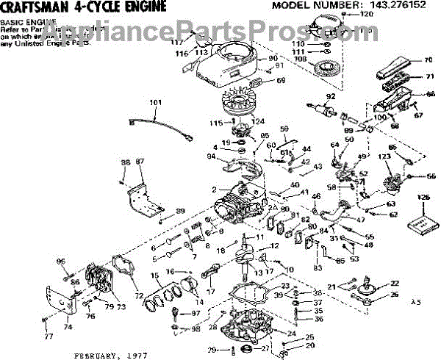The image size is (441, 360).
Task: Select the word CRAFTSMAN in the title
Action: tap(33, 7)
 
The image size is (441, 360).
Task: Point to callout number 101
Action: tap(155, 103)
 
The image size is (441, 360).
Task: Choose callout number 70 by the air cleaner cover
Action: tap(428, 60)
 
